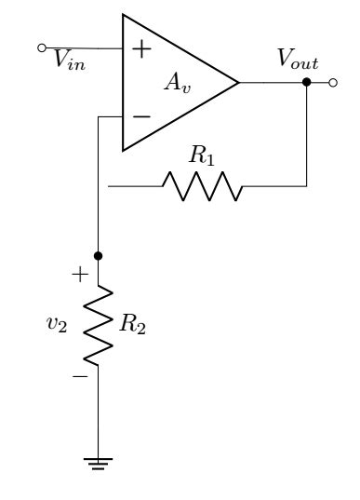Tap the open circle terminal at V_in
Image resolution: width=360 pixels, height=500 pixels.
tap(41, 47)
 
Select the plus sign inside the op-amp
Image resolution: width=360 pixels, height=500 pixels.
tap(140, 49)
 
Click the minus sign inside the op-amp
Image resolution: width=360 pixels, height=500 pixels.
tap(140, 117)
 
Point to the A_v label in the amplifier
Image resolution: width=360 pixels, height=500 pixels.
tap(177, 82)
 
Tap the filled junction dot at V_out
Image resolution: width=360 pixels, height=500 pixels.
tap(307, 82)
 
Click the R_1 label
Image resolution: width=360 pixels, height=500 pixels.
tap(202, 155)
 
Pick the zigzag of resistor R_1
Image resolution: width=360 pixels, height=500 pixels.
tap(202, 186)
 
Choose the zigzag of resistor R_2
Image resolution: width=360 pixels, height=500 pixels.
tap(99, 321)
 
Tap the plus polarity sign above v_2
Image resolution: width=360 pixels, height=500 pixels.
tap(81, 275)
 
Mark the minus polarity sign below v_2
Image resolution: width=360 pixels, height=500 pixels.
tap(81, 374)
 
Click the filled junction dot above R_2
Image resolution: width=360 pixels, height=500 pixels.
tap(99, 254)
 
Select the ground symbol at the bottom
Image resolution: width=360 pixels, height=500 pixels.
tap(99, 461)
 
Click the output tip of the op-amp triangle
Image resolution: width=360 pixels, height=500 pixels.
tap(238, 82)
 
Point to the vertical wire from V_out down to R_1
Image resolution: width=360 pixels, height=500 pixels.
tap(307, 135)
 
